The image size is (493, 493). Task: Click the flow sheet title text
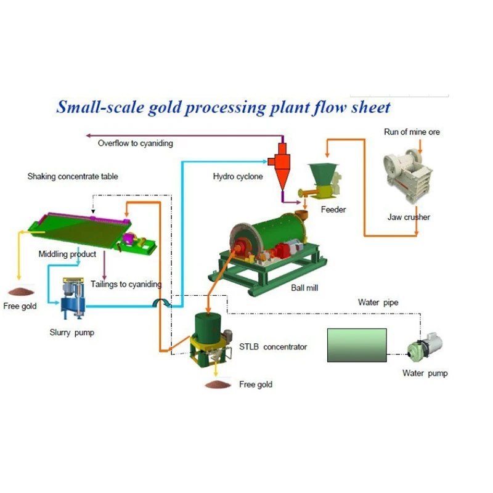coord(223,107)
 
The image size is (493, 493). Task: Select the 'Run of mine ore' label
coord(412,132)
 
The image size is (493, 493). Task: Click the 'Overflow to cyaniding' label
coord(135,143)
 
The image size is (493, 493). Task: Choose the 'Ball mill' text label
coord(304,288)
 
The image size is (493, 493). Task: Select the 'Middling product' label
coord(67,254)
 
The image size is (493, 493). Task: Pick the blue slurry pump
coord(72,298)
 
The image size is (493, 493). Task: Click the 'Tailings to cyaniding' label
coord(126,284)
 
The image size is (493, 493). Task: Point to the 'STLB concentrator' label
coord(272,347)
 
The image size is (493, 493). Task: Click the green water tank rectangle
coord(356,345)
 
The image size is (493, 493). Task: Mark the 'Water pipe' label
coord(378,303)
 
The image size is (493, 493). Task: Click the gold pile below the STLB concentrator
coord(218,385)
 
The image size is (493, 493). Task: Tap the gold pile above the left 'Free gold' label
coord(22,290)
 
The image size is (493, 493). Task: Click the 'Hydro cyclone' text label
coord(238,177)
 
